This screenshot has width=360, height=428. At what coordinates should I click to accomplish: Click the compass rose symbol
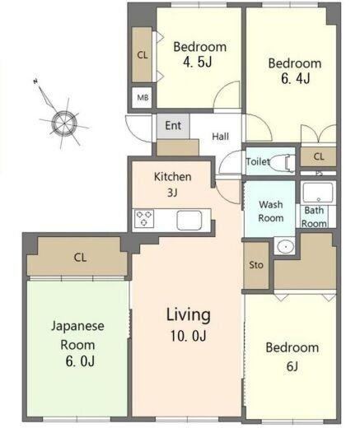coord(64,123)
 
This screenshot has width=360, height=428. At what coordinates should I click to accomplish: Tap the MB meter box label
coord(143,97)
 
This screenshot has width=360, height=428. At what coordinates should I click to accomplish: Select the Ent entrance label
coord(173,126)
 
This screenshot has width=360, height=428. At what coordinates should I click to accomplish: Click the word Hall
coord(221,137)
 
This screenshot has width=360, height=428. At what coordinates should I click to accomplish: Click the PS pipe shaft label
coord(319,174)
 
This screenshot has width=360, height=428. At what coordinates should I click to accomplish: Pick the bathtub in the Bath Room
coord(318,193)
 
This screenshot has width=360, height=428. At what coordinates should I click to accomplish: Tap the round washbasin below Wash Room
coord(285,246)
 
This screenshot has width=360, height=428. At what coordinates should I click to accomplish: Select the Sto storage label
coord(256,265)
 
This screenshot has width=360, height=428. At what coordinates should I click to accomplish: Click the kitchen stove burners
coord(145,218)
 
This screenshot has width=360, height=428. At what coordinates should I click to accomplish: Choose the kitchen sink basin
coord(189,220)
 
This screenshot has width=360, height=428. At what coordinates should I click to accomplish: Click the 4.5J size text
coord(198,62)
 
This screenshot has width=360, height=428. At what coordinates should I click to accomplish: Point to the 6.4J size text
coord(296,78)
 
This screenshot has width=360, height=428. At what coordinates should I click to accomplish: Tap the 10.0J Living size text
coord(189,336)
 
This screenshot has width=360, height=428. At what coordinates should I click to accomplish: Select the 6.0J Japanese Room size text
coord(80,361)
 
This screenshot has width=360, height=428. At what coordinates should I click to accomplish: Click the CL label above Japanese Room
coord(80,258)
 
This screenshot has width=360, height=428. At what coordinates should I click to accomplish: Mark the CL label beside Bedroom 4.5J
coord(143,55)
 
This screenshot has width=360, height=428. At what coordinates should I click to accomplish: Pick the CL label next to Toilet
coord(319,156)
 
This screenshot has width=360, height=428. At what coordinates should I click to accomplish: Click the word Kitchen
coord(173,177)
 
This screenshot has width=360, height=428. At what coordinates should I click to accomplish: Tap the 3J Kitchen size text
coord(172,193)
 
